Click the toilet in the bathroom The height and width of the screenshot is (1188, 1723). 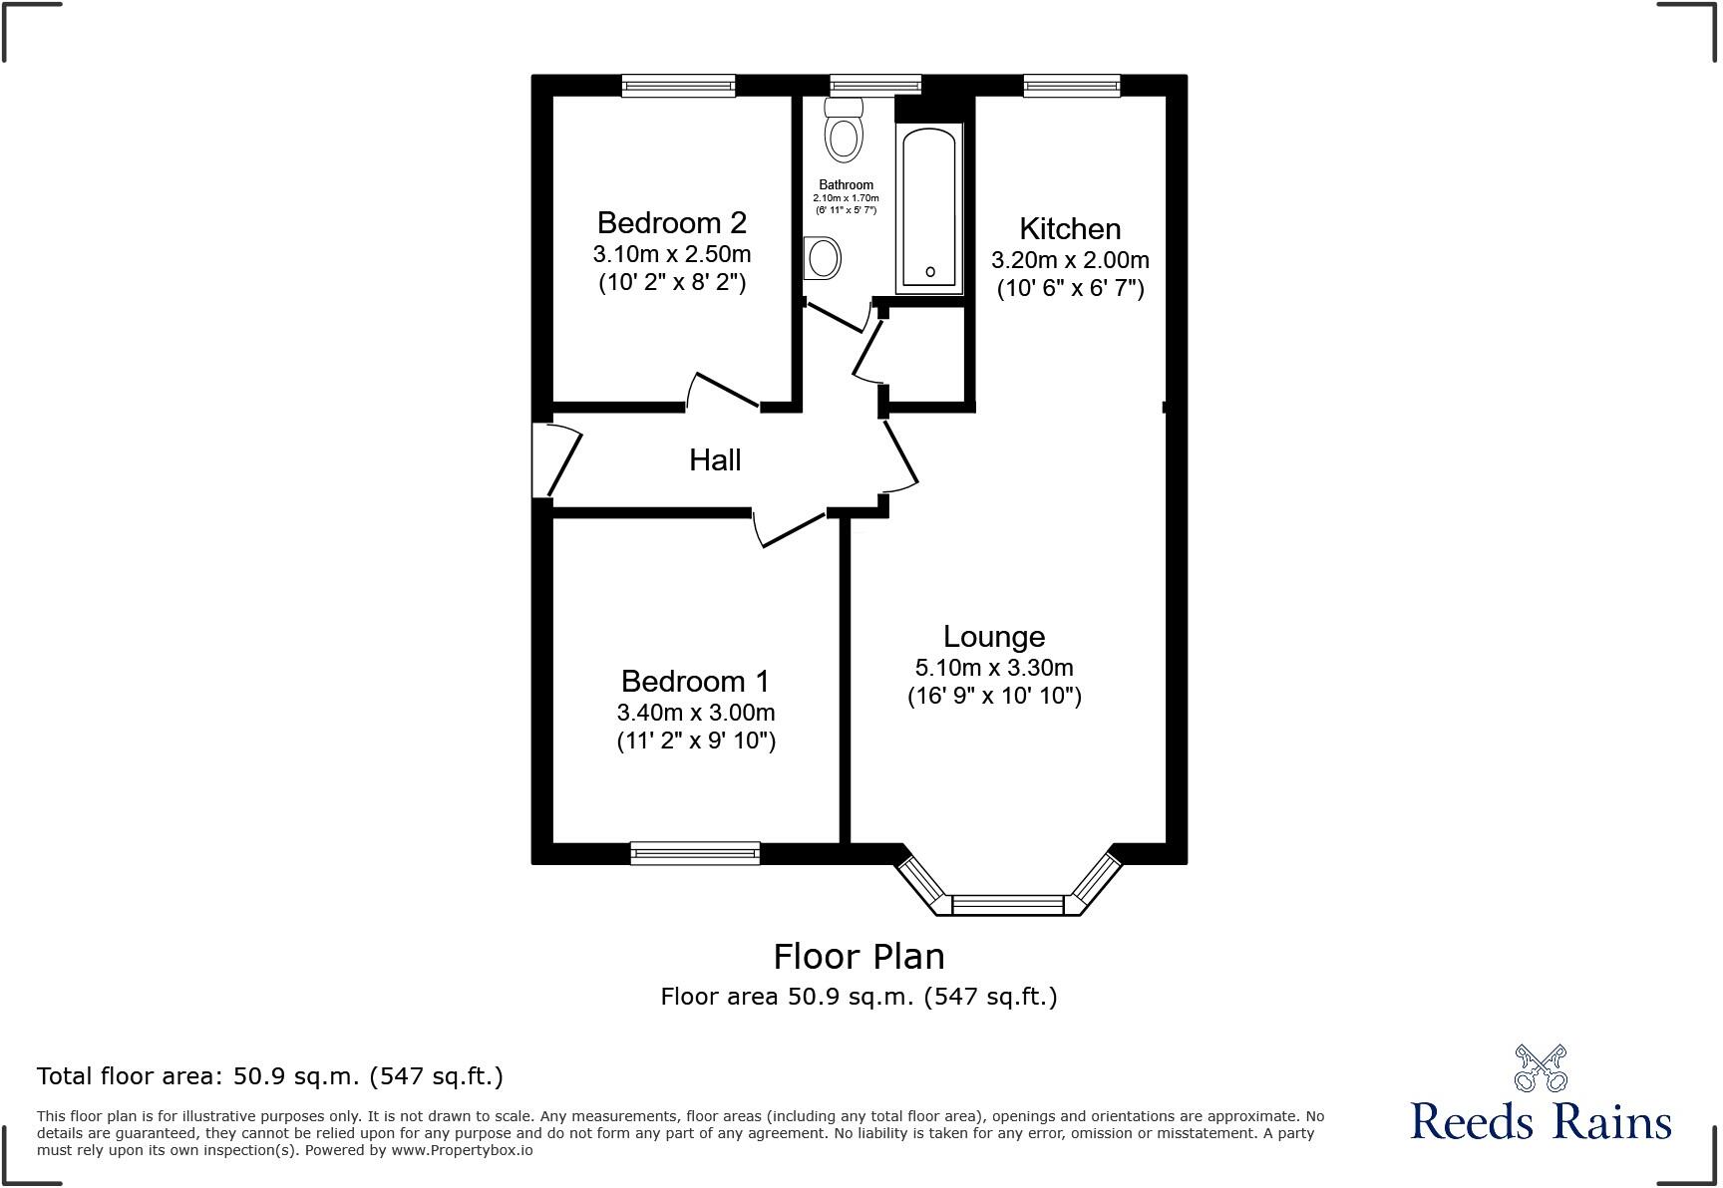[844, 135]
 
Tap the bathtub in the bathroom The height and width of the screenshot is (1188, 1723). [929, 207]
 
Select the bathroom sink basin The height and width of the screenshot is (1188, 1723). [824, 259]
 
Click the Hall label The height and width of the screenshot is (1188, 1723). [715, 460]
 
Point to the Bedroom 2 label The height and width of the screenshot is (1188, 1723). [671, 222]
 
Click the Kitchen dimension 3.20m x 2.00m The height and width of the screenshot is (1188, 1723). [1070, 260]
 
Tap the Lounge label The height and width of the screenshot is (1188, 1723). [994, 636]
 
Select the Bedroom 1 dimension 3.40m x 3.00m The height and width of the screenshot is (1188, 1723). [696, 713]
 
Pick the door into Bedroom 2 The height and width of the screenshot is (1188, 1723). [726, 390]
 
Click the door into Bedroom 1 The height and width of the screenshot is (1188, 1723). [793, 529]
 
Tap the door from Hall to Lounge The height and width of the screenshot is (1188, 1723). [900, 454]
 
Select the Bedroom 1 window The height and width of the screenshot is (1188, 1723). [695, 853]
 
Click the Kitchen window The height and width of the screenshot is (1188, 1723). [1072, 86]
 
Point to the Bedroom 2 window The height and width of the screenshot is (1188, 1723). [678, 86]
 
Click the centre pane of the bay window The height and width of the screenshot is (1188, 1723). [1008, 905]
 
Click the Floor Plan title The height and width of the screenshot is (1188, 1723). [859, 957]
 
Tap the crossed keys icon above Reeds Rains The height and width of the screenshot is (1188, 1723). [1541, 1067]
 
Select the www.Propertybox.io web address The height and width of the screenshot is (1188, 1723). [462, 1150]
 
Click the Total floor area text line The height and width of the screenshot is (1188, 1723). [270, 1076]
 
